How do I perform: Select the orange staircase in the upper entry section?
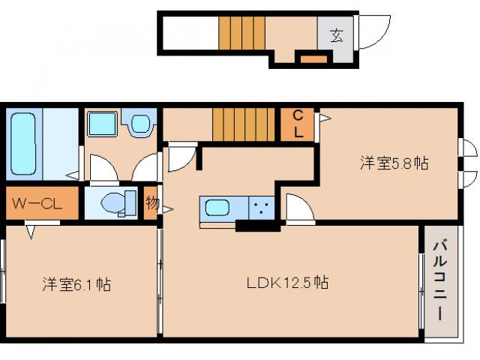tap(242, 34)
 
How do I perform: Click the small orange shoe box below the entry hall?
tap(313, 58)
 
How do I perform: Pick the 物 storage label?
tap(151, 202)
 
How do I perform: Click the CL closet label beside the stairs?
tap(298, 124)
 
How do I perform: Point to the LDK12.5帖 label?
tap(288, 283)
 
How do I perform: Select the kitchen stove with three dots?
tap(262, 208)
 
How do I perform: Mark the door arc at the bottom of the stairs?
tap(180, 156)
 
